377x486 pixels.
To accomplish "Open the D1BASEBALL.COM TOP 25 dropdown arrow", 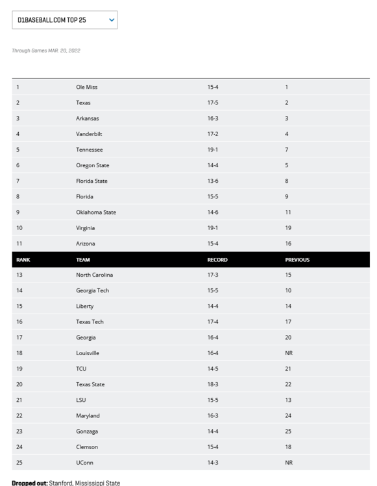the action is [x=112, y=20].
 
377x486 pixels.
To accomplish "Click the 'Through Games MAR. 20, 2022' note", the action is [x=46, y=51].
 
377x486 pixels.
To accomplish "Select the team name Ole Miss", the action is [x=86, y=87].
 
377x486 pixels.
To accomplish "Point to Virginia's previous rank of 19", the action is [x=288, y=228].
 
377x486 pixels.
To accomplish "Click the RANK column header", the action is [x=23, y=259].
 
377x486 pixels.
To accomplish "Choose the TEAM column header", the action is [x=82, y=259].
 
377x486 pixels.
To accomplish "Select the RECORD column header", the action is [x=217, y=259].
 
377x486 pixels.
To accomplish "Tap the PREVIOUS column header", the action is [x=297, y=259].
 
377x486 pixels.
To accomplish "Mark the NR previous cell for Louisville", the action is [x=289, y=353].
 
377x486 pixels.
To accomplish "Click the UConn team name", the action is [x=84, y=463].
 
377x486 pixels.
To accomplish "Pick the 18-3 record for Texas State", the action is [x=213, y=384].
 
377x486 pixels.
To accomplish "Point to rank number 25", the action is [x=19, y=463].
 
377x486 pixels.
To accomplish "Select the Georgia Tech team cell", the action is [x=92, y=290].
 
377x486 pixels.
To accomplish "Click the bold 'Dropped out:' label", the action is [x=29, y=481].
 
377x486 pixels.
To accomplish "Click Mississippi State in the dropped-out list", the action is [x=99, y=481].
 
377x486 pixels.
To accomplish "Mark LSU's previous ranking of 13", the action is [x=288, y=400].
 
